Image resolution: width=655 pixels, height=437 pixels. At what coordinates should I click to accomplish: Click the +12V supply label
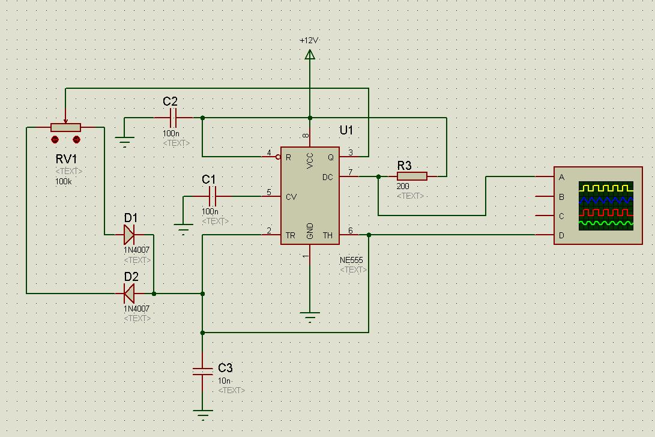click(309, 40)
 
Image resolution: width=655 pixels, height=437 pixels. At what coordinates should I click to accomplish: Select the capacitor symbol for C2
click(174, 117)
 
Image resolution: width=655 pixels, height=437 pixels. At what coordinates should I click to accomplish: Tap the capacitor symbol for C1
click(212, 196)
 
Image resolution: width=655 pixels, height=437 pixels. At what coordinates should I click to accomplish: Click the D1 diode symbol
click(128, 234)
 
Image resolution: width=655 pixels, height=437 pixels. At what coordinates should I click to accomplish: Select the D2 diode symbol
click(128, 294)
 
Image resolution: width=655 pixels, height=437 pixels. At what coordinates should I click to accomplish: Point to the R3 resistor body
click(412, 176)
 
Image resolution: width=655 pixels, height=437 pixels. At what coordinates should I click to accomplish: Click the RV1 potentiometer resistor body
click(65, 127)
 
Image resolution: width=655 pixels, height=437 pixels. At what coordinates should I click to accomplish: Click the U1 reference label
click(346, 130)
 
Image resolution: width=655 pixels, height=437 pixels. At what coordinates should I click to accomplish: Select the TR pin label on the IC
click(290, 235)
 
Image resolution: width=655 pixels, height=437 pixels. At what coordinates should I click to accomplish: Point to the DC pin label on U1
click(327, 176)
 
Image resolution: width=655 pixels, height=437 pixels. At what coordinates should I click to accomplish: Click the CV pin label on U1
click(291, 196)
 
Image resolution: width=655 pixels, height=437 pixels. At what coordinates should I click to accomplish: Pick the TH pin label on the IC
click(328, 235)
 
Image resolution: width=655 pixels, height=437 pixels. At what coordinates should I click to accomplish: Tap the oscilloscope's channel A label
click(561, 177)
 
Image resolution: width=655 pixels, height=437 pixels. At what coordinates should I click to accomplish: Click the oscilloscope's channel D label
click(561, 235)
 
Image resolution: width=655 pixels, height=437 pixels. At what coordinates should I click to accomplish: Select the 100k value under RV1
click(63, 180)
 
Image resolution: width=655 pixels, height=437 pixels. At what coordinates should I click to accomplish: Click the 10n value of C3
click(224, 381)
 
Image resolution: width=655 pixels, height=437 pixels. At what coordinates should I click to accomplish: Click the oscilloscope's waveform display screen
click(605, 205)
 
